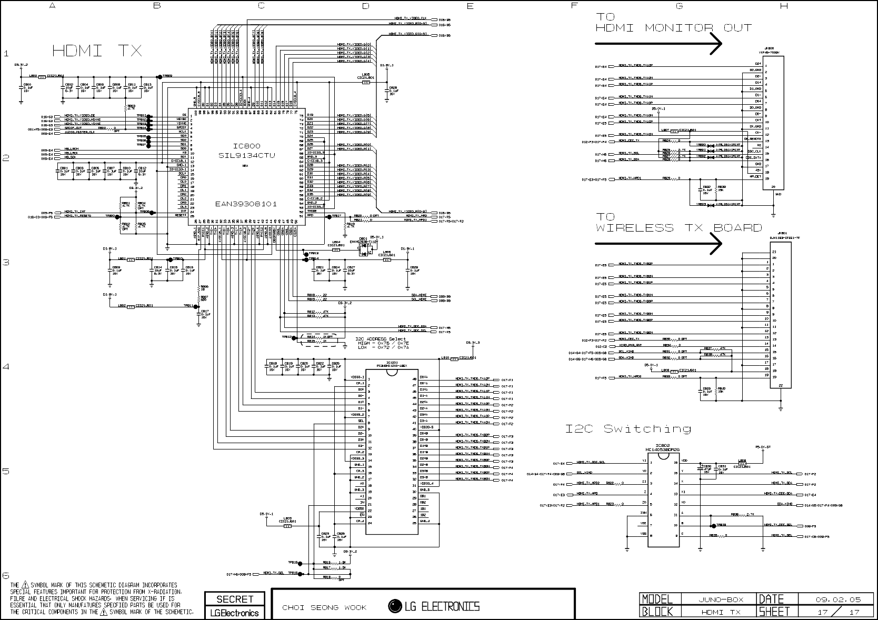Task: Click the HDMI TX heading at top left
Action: click(97, 51)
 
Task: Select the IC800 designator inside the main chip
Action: click(247, 146)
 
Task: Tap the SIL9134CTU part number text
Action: click(247, 156)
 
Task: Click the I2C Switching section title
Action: click(628, 429)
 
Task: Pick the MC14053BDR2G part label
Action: click(662, 450)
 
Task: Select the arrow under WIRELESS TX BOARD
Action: click(658, 243)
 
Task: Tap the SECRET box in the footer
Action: click(235, 599)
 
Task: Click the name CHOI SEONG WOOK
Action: click(324, 608)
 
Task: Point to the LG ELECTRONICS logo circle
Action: click(394, 606)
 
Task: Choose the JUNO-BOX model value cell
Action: click(718, 599)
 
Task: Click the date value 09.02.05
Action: click(838, 599)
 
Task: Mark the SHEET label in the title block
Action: click(774, 611)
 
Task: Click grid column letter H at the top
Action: click(784, 6)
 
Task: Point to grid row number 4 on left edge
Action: click(6, 366)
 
